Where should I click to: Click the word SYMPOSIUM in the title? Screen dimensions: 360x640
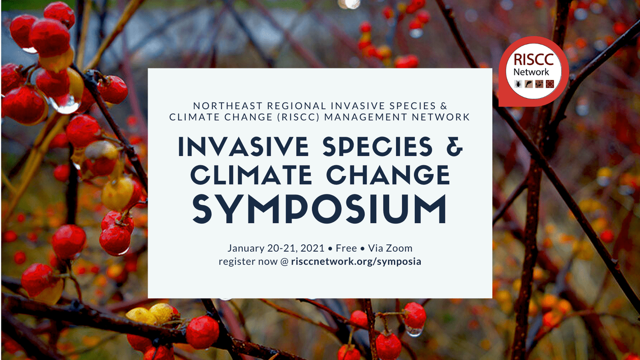320,209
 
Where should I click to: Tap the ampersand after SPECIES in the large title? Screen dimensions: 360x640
455,146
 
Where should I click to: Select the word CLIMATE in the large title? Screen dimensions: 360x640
251,175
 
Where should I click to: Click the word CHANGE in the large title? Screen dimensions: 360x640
388,175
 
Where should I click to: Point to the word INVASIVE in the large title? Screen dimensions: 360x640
243,146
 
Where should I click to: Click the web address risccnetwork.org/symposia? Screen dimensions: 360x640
356,261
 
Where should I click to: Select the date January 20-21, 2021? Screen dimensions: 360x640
276,248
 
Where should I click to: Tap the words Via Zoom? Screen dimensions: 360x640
390,248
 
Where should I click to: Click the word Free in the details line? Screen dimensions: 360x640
346,248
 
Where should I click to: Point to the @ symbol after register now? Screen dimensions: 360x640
285,261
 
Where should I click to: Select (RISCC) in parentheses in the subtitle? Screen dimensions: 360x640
298,117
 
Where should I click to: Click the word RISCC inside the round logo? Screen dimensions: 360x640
533,60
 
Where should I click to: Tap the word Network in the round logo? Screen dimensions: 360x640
531,72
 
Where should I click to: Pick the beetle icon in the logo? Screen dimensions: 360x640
518,84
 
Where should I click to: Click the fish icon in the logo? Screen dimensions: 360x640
529,84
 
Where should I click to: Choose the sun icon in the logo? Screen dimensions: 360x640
550,84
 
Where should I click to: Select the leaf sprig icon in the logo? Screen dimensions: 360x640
539,84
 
